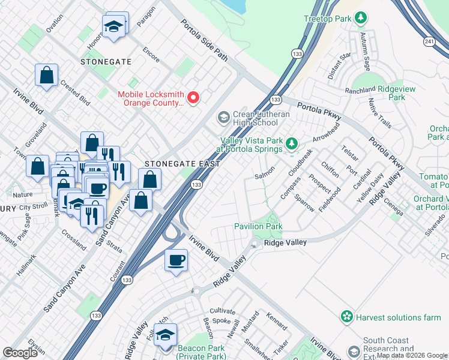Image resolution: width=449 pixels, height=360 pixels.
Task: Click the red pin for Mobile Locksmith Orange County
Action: tap(193, 98)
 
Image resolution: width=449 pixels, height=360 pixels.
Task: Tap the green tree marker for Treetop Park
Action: tap(361, 19)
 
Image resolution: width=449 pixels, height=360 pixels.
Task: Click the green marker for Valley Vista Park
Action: tap(292, 143)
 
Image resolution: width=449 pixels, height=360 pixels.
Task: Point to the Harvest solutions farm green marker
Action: tap(346, 316)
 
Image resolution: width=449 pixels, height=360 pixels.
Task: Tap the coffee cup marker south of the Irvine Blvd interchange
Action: tap(176, 260)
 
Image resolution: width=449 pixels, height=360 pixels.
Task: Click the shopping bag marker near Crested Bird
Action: tap(46, 76)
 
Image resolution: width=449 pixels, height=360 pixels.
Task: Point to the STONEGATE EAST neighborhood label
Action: tap(174, 163)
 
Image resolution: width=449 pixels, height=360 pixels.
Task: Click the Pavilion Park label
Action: tap(258, 227)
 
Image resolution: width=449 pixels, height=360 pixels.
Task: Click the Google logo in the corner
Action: tap(20, 353)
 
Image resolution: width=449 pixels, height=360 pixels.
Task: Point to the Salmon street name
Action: tap(264, 170)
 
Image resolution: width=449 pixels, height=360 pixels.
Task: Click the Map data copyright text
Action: tap(412, 355)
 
